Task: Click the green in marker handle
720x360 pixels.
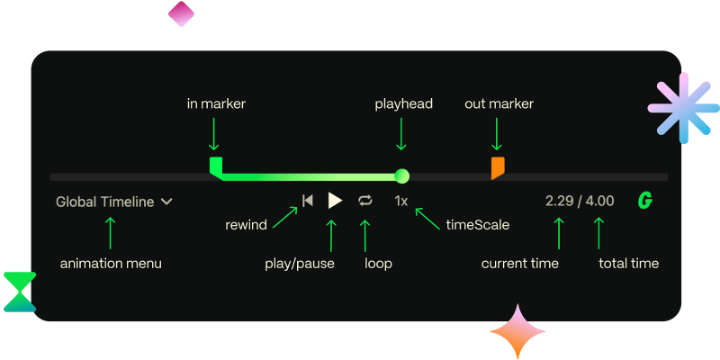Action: (x=215, y=166)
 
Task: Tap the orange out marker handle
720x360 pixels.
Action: (x=497, y=167)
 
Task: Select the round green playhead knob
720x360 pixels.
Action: (x=402, y=175)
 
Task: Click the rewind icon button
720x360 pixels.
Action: (x=308, y=201)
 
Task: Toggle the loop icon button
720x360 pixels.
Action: (x=364, y=201)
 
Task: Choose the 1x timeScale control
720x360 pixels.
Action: (x=401, y=201)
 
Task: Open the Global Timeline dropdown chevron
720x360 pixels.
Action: (x=166, y=202)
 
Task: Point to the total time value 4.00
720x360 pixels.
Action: (x=600, y=201)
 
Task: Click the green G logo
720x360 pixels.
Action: (x=644, y=201)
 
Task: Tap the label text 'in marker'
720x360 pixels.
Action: (x=216, y=104)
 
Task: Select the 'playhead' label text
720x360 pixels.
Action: (x=403, y=104)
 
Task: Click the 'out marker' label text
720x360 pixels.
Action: (x=499, y=104)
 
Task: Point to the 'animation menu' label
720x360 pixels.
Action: (x=111, y=264)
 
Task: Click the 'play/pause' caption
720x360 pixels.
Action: (x=300, y=264)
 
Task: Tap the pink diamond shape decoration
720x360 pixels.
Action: (x=181, y=13)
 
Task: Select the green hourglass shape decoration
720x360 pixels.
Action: (x=19, y=292)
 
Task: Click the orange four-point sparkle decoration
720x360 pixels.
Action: (x=518, y=333)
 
